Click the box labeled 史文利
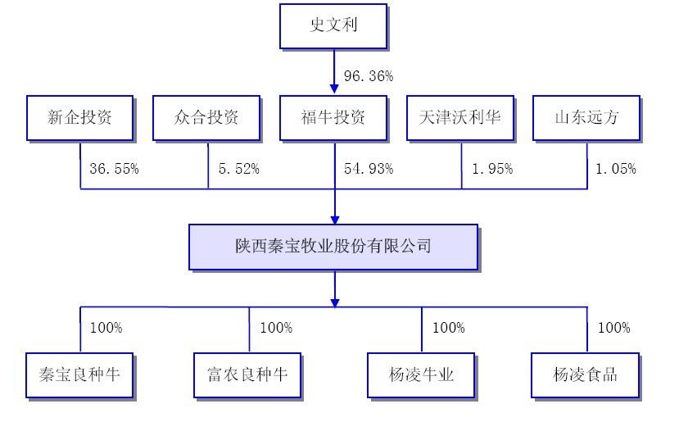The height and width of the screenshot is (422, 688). coord(334,26)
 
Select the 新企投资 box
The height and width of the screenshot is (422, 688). coord(80,117)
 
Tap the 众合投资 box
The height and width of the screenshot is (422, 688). coord(207,117)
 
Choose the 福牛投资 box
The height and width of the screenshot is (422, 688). coord(334,117)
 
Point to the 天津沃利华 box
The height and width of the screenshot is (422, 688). coord(460,117)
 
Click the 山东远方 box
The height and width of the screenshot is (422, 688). coord(586,117)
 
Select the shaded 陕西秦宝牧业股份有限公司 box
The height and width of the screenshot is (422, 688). coord(333,247)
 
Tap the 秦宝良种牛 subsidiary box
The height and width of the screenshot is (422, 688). coord(80,375)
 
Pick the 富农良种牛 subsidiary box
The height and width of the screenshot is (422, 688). coord(248,375)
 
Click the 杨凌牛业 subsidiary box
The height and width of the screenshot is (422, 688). coord(421,375)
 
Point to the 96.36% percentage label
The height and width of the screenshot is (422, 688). coord(369,76)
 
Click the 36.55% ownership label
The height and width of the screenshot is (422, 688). coord(114,169)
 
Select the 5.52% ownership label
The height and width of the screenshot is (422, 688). coord(238,169)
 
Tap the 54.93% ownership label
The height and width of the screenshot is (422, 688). coord(369,169)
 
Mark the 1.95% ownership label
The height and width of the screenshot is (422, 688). coord(492,169)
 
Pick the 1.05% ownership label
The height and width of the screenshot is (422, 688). coord(616,169)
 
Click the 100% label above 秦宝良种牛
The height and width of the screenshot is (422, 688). coord(106,328)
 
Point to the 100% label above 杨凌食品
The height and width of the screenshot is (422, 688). coord(613,328)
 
